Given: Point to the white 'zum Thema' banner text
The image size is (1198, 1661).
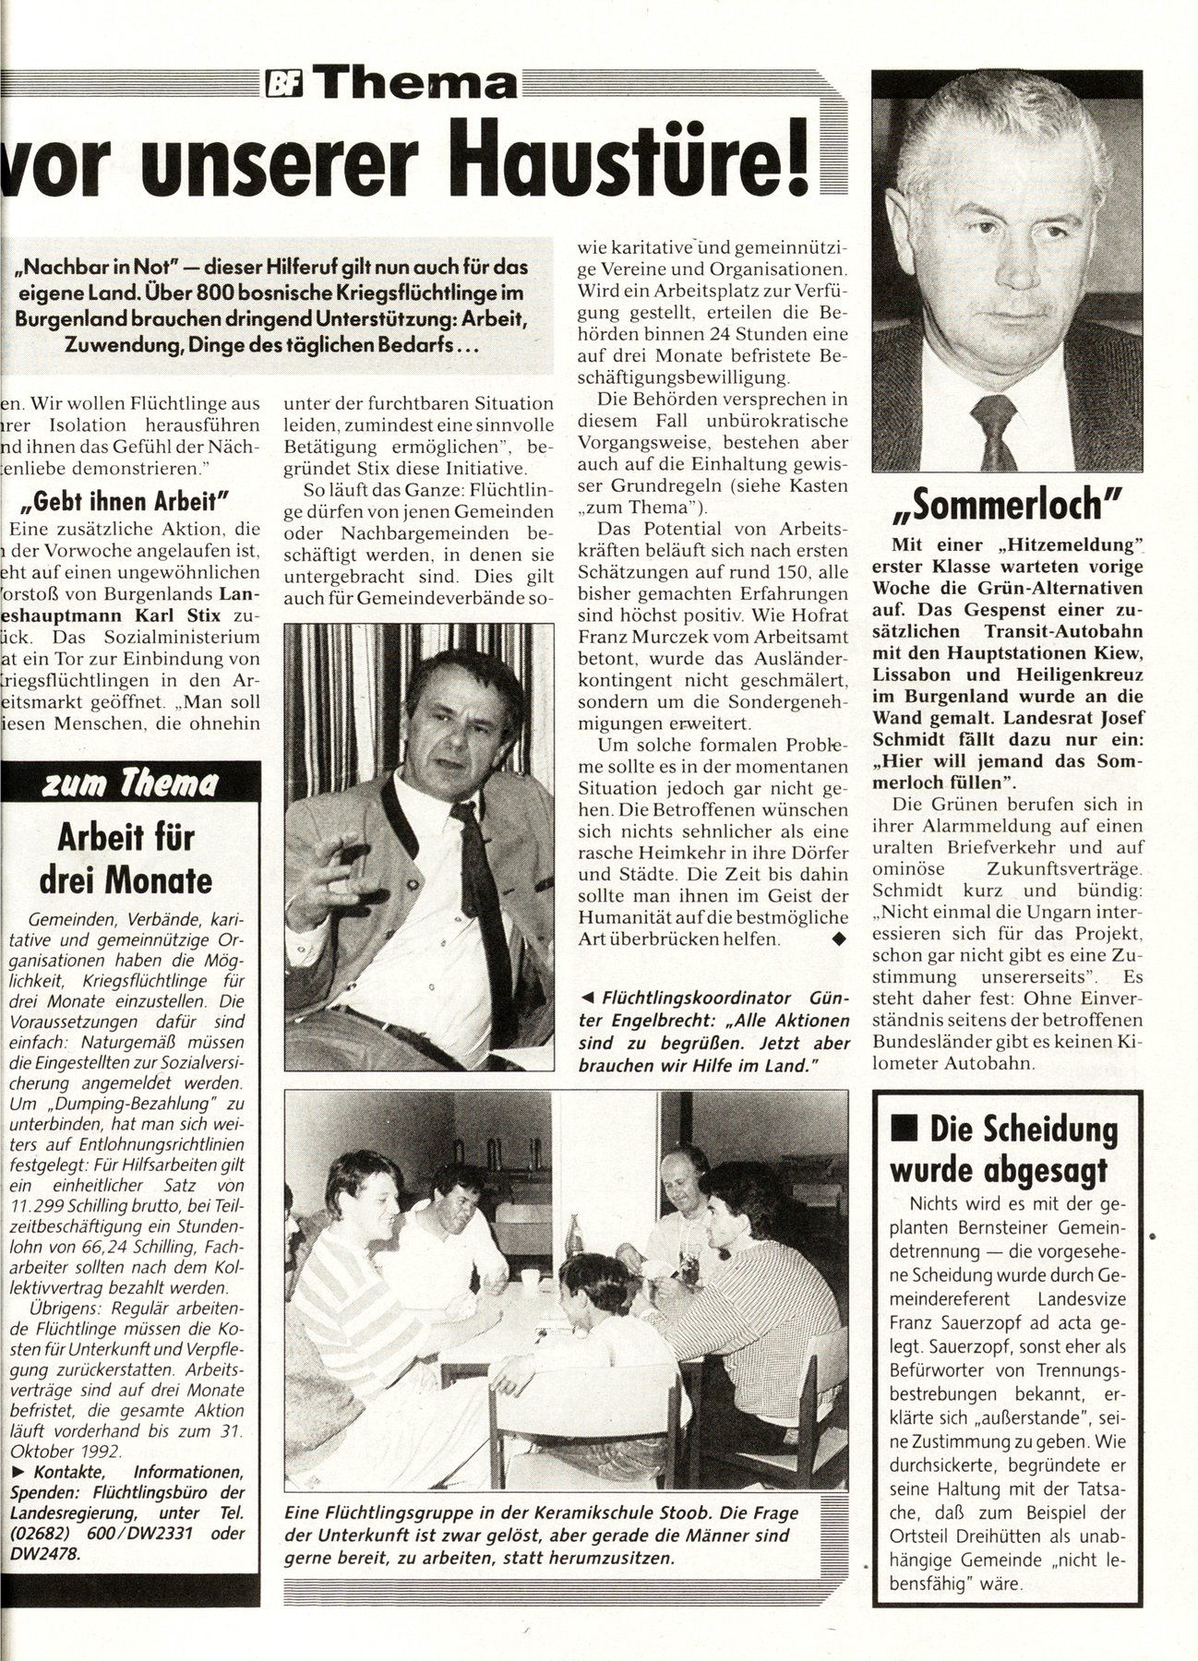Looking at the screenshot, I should pos(130,783).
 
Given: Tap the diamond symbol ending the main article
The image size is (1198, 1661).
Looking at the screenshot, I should pos(837,939).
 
